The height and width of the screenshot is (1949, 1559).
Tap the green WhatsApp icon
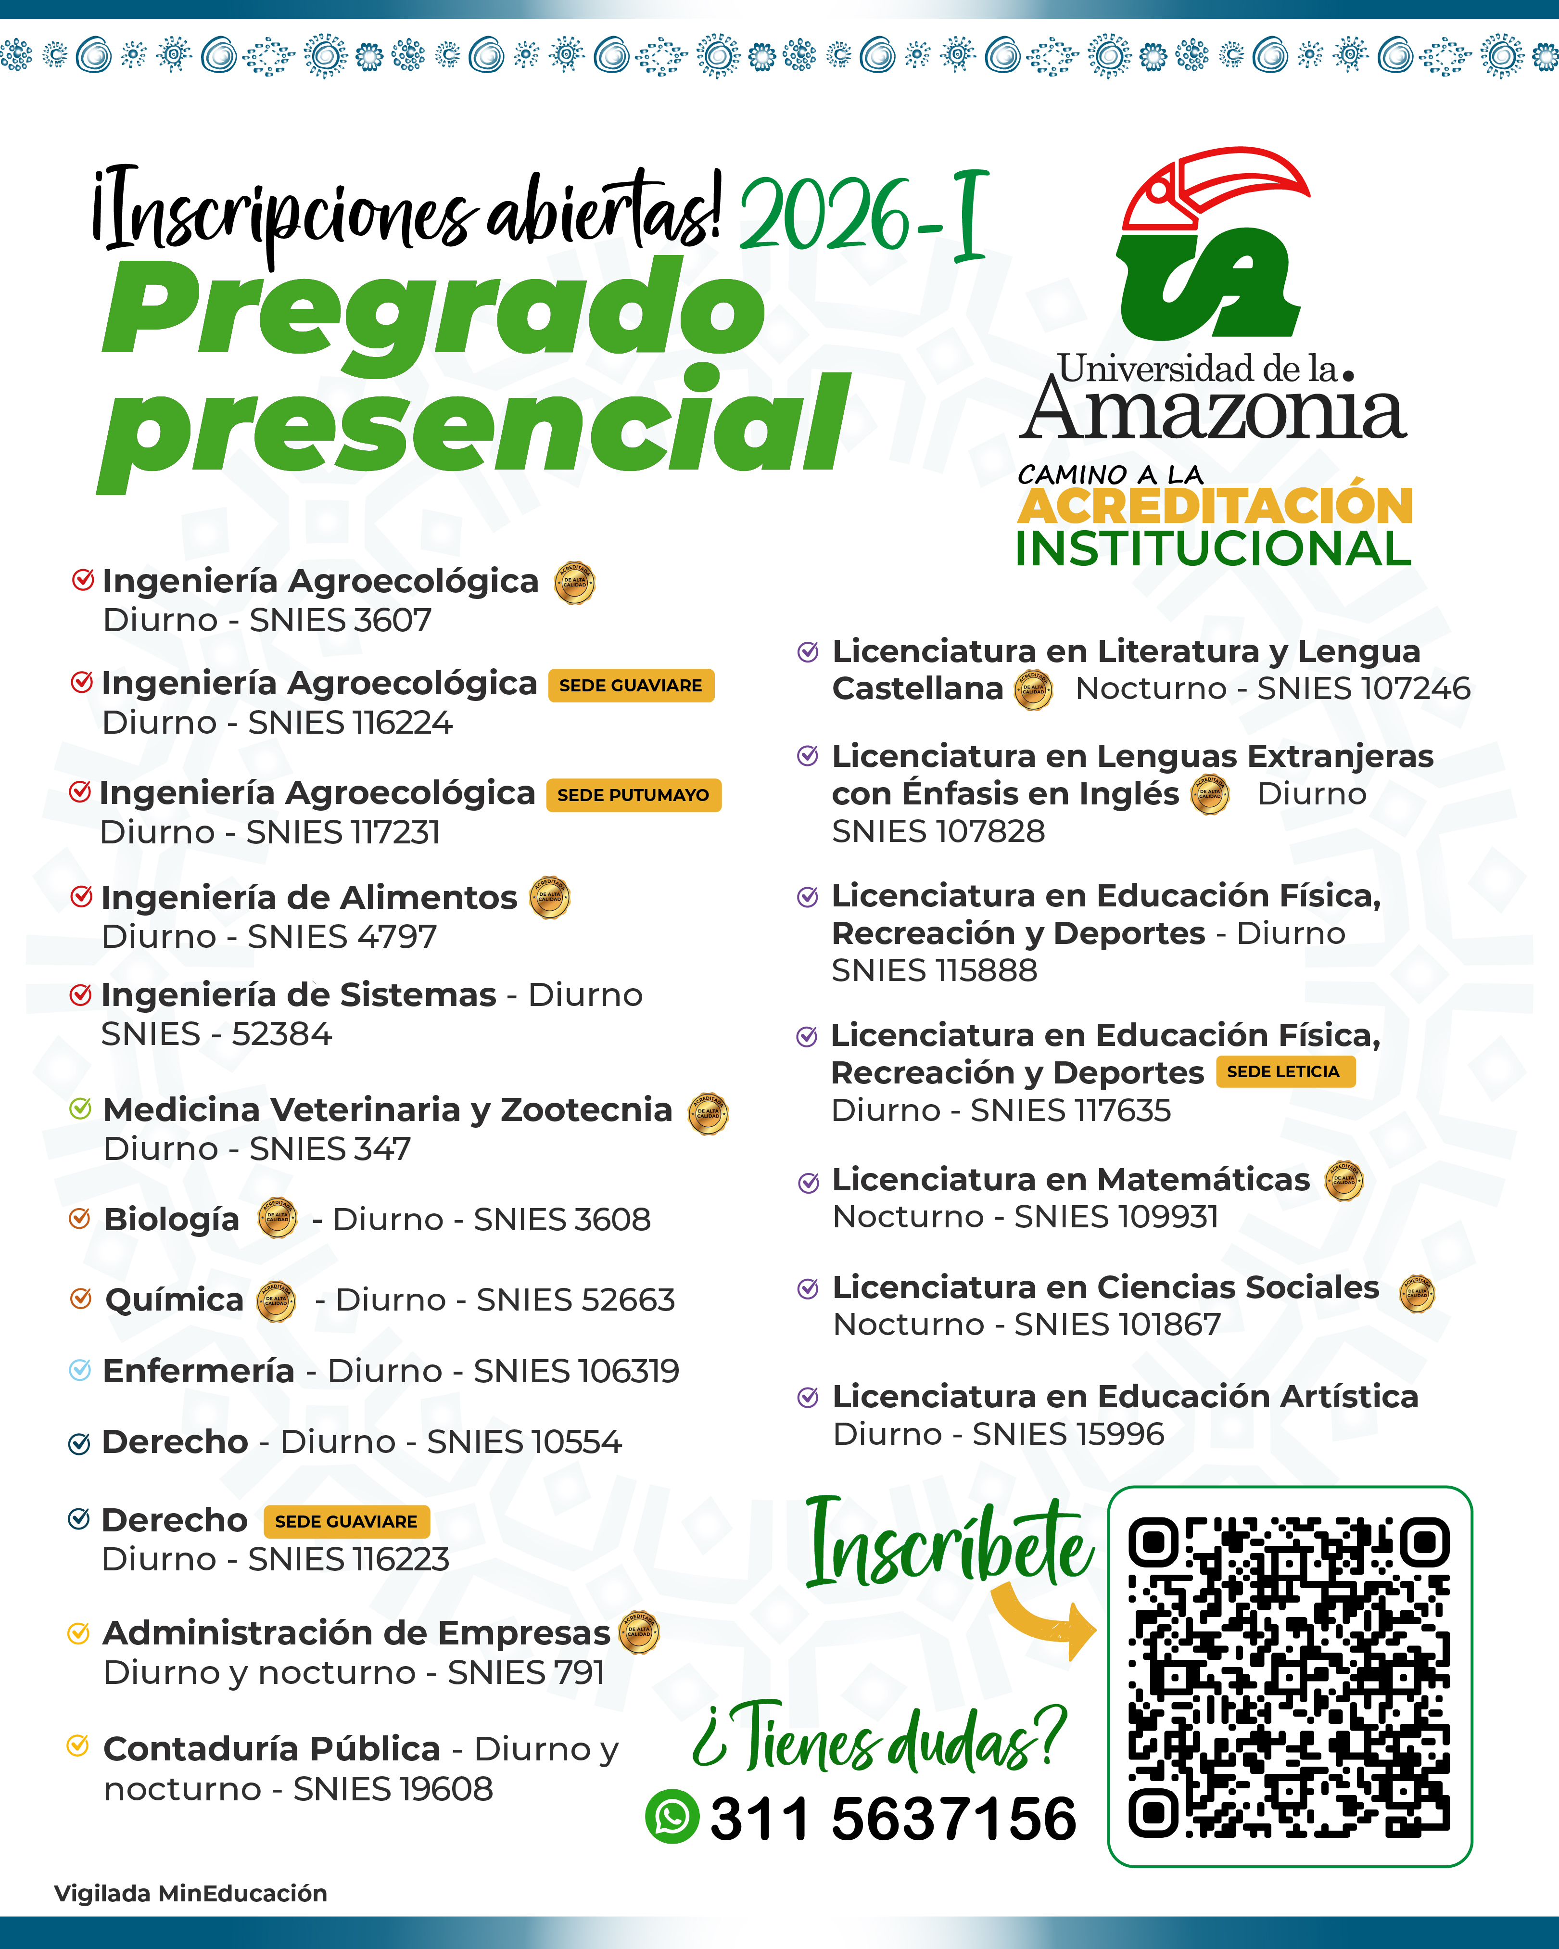[672, 1816]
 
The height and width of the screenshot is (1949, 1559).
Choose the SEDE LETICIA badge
[1284, 1071]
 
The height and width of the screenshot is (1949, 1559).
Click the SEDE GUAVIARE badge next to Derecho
[346, 1521]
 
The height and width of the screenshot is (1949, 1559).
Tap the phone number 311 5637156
[893, 1818]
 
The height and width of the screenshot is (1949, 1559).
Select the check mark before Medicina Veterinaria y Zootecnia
[80, 1108]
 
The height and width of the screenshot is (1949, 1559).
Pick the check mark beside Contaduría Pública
[78, 1745]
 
